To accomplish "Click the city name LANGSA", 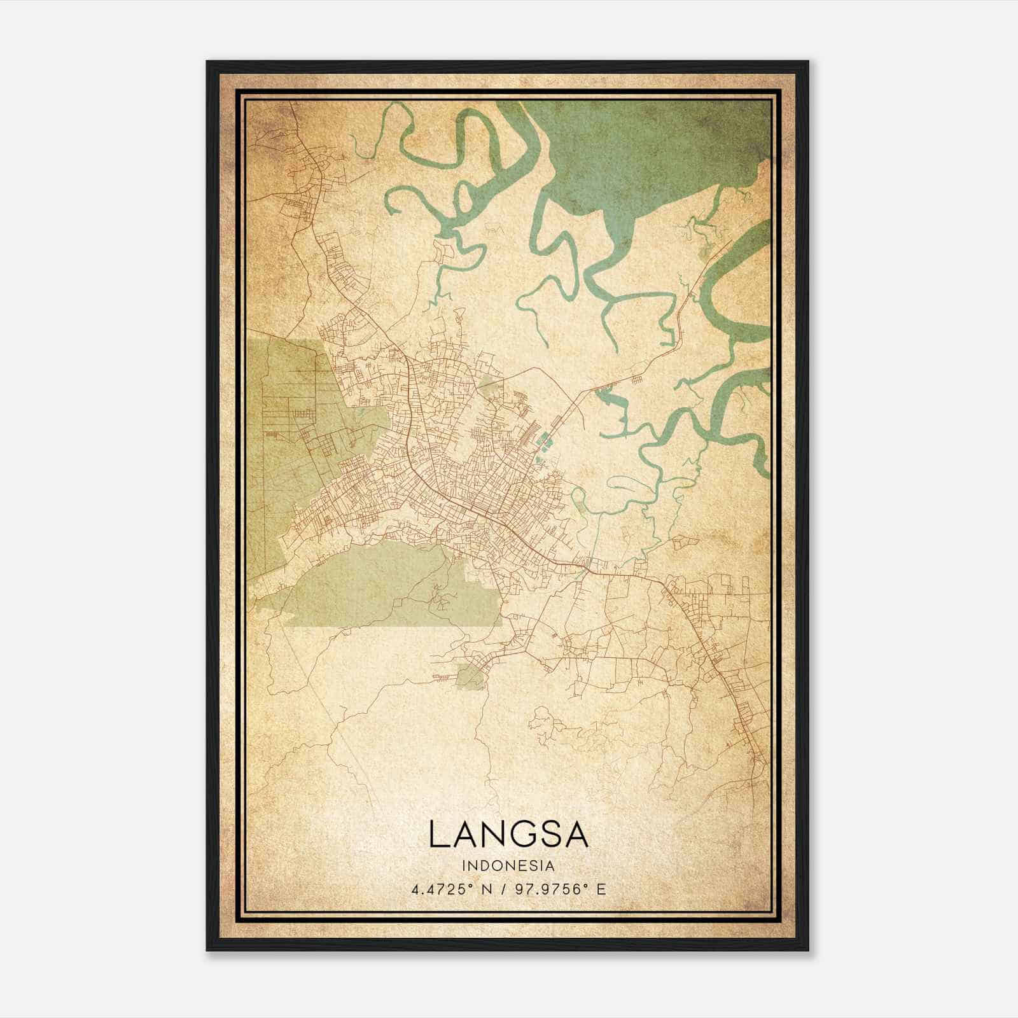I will click(x=508, y=834).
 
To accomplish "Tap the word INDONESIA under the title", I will click(x=508, y=865).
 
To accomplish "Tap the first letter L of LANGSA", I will click(x=439, y=834).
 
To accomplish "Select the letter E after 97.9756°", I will click(x=601, y=889).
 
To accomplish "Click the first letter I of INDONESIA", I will click(x=465, y=865).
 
